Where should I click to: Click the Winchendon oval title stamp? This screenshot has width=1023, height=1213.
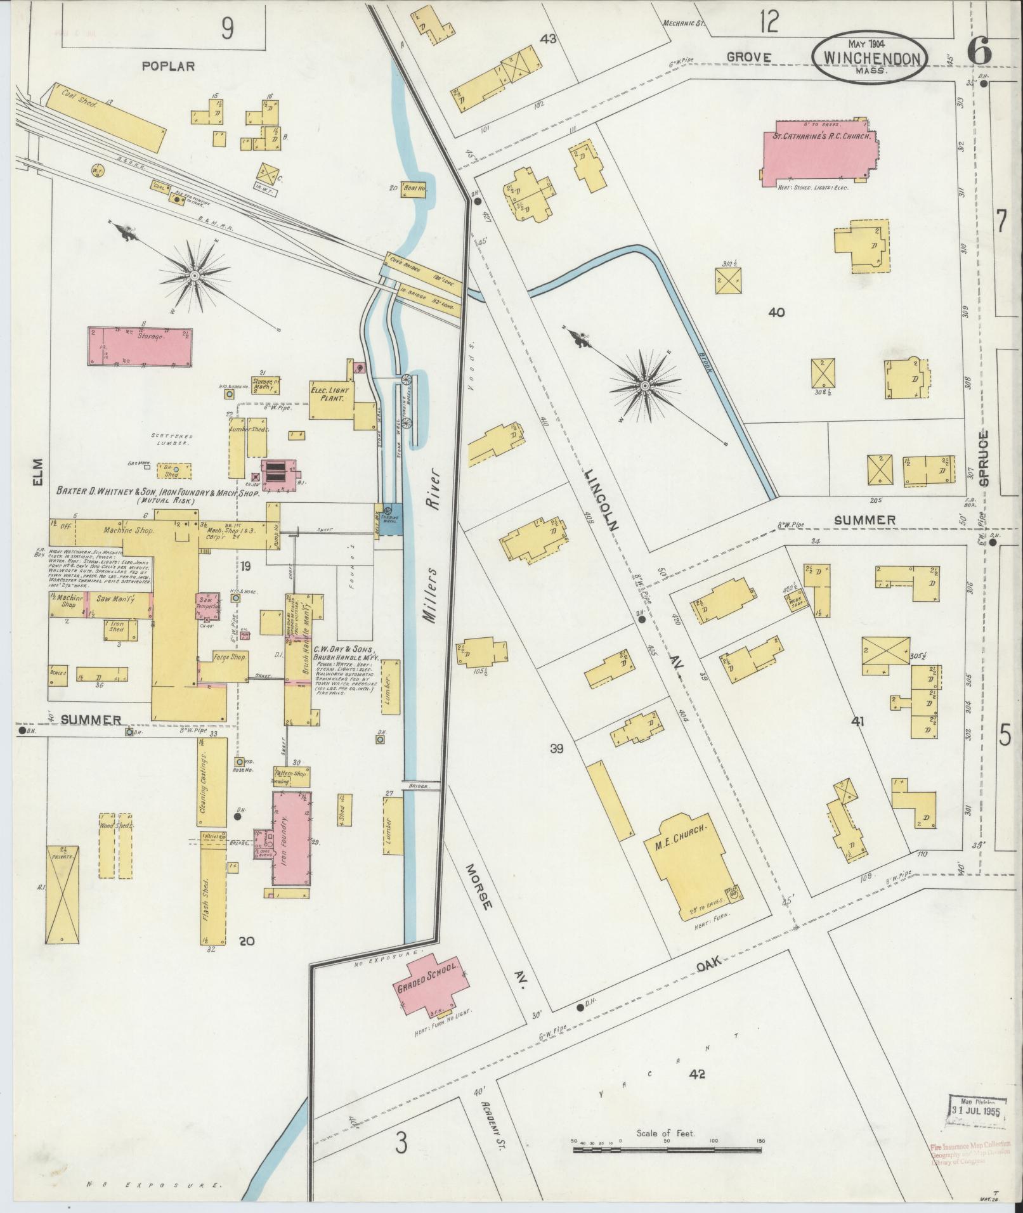[x=870, y=56]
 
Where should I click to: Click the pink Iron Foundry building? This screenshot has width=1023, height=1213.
[x=290, y=838]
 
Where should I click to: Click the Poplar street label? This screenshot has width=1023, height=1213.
[x=167, y=66]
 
